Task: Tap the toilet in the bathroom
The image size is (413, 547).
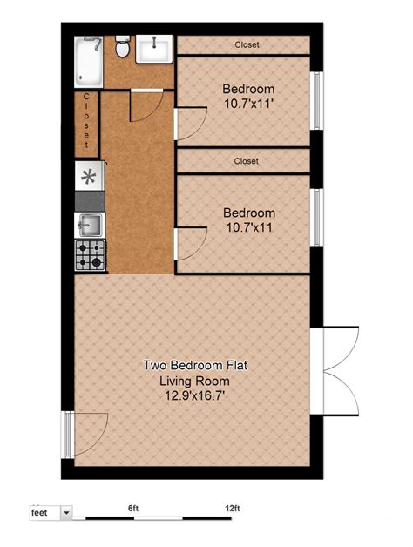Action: tap(123, 49)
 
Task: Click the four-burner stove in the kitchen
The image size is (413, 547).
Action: tap(89, 254)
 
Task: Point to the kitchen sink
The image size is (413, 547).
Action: tap(89, 225)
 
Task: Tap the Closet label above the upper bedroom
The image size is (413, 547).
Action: tap(247, 45)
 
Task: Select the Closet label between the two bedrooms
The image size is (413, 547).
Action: tap(247, 161)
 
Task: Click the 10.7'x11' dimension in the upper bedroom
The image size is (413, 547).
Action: tap(248, 104)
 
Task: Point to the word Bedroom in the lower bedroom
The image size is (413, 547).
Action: tap(248, 213)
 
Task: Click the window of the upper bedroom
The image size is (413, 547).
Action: tap(318, 99)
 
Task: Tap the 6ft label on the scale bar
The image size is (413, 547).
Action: tap(133, 508)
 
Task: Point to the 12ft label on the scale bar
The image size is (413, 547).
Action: tap(232, 508)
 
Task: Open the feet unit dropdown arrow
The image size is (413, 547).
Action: tap(66, 514)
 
